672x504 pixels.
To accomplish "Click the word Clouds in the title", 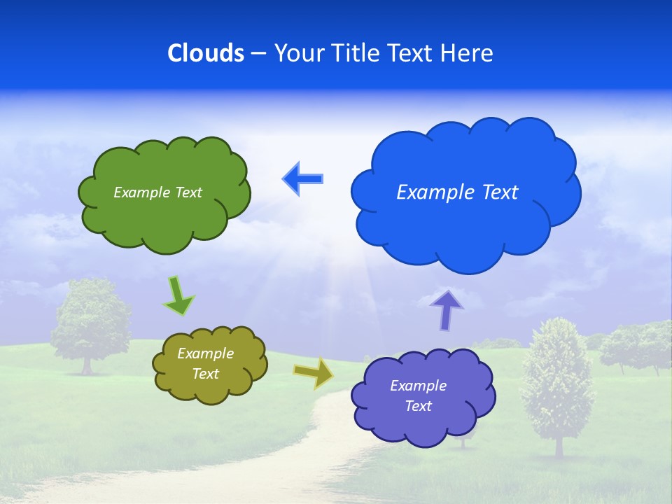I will [x=206, y=53].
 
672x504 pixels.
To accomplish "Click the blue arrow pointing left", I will [x=303, y=178].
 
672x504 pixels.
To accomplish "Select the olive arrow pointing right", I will [x=314, y=373].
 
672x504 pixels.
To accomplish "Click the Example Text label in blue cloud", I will [x=457, y=192].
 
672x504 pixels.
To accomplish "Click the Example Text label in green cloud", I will [x=157, y=192].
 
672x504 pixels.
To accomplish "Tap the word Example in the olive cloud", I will [x=205, y=353].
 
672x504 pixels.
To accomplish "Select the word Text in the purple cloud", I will [x=418, y=406].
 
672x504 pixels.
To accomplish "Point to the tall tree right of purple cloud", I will [x=557, y=378].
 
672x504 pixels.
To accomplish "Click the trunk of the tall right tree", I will [x=558, y=444].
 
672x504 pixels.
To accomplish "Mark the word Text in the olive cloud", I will [x=205, y=374].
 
